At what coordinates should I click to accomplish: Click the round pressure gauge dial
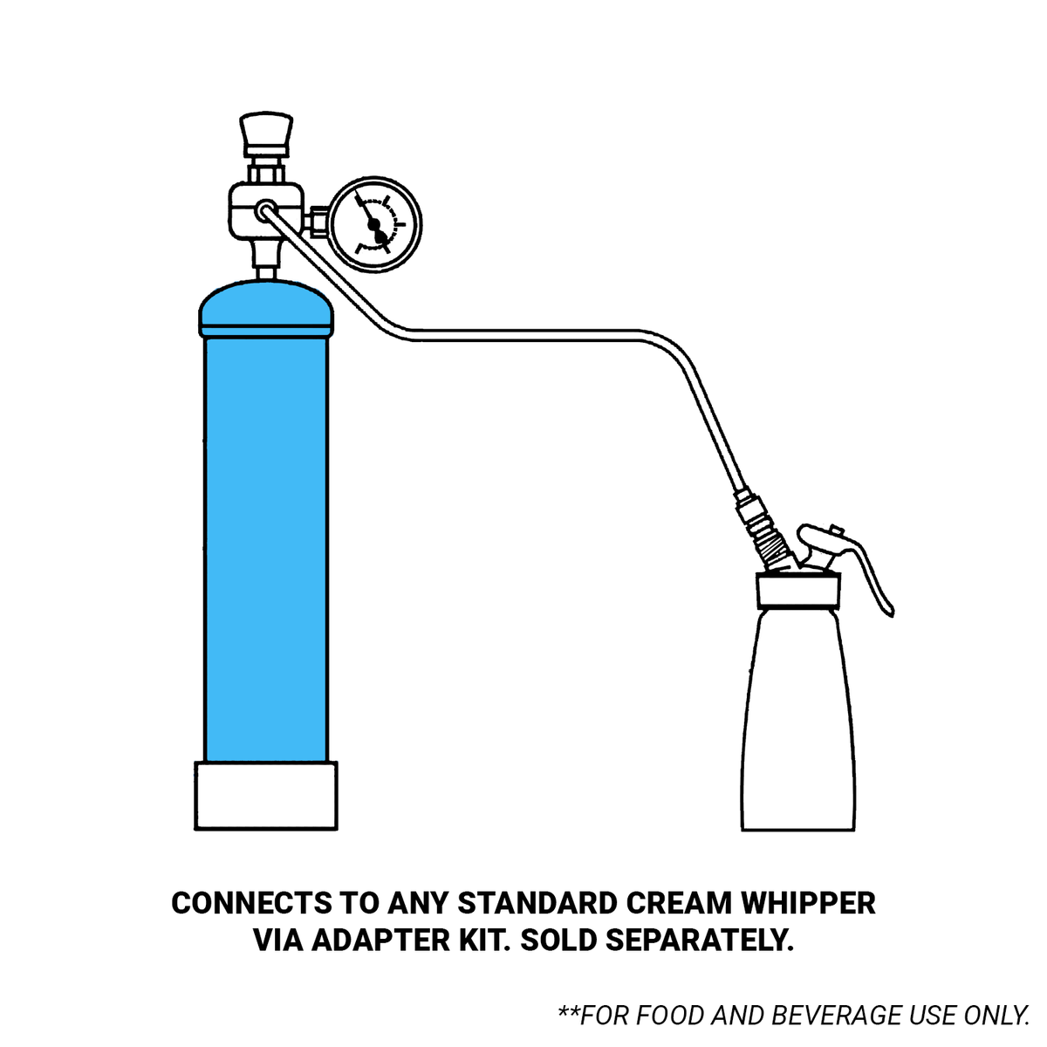pyautogui.click(x=375, y=224)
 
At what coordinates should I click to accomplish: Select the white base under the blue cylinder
pyautogui.click(x=266, y=796)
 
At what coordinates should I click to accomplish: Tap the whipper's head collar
pyautogui.click(x=798, y=591)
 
